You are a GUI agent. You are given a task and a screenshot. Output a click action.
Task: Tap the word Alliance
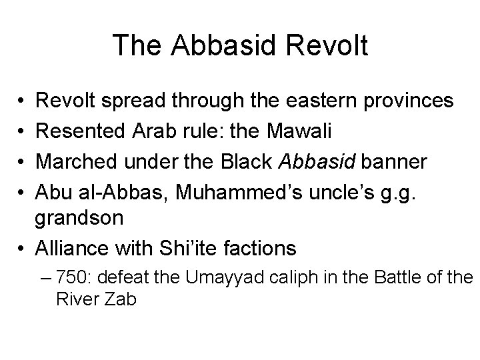pos(72,248)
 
